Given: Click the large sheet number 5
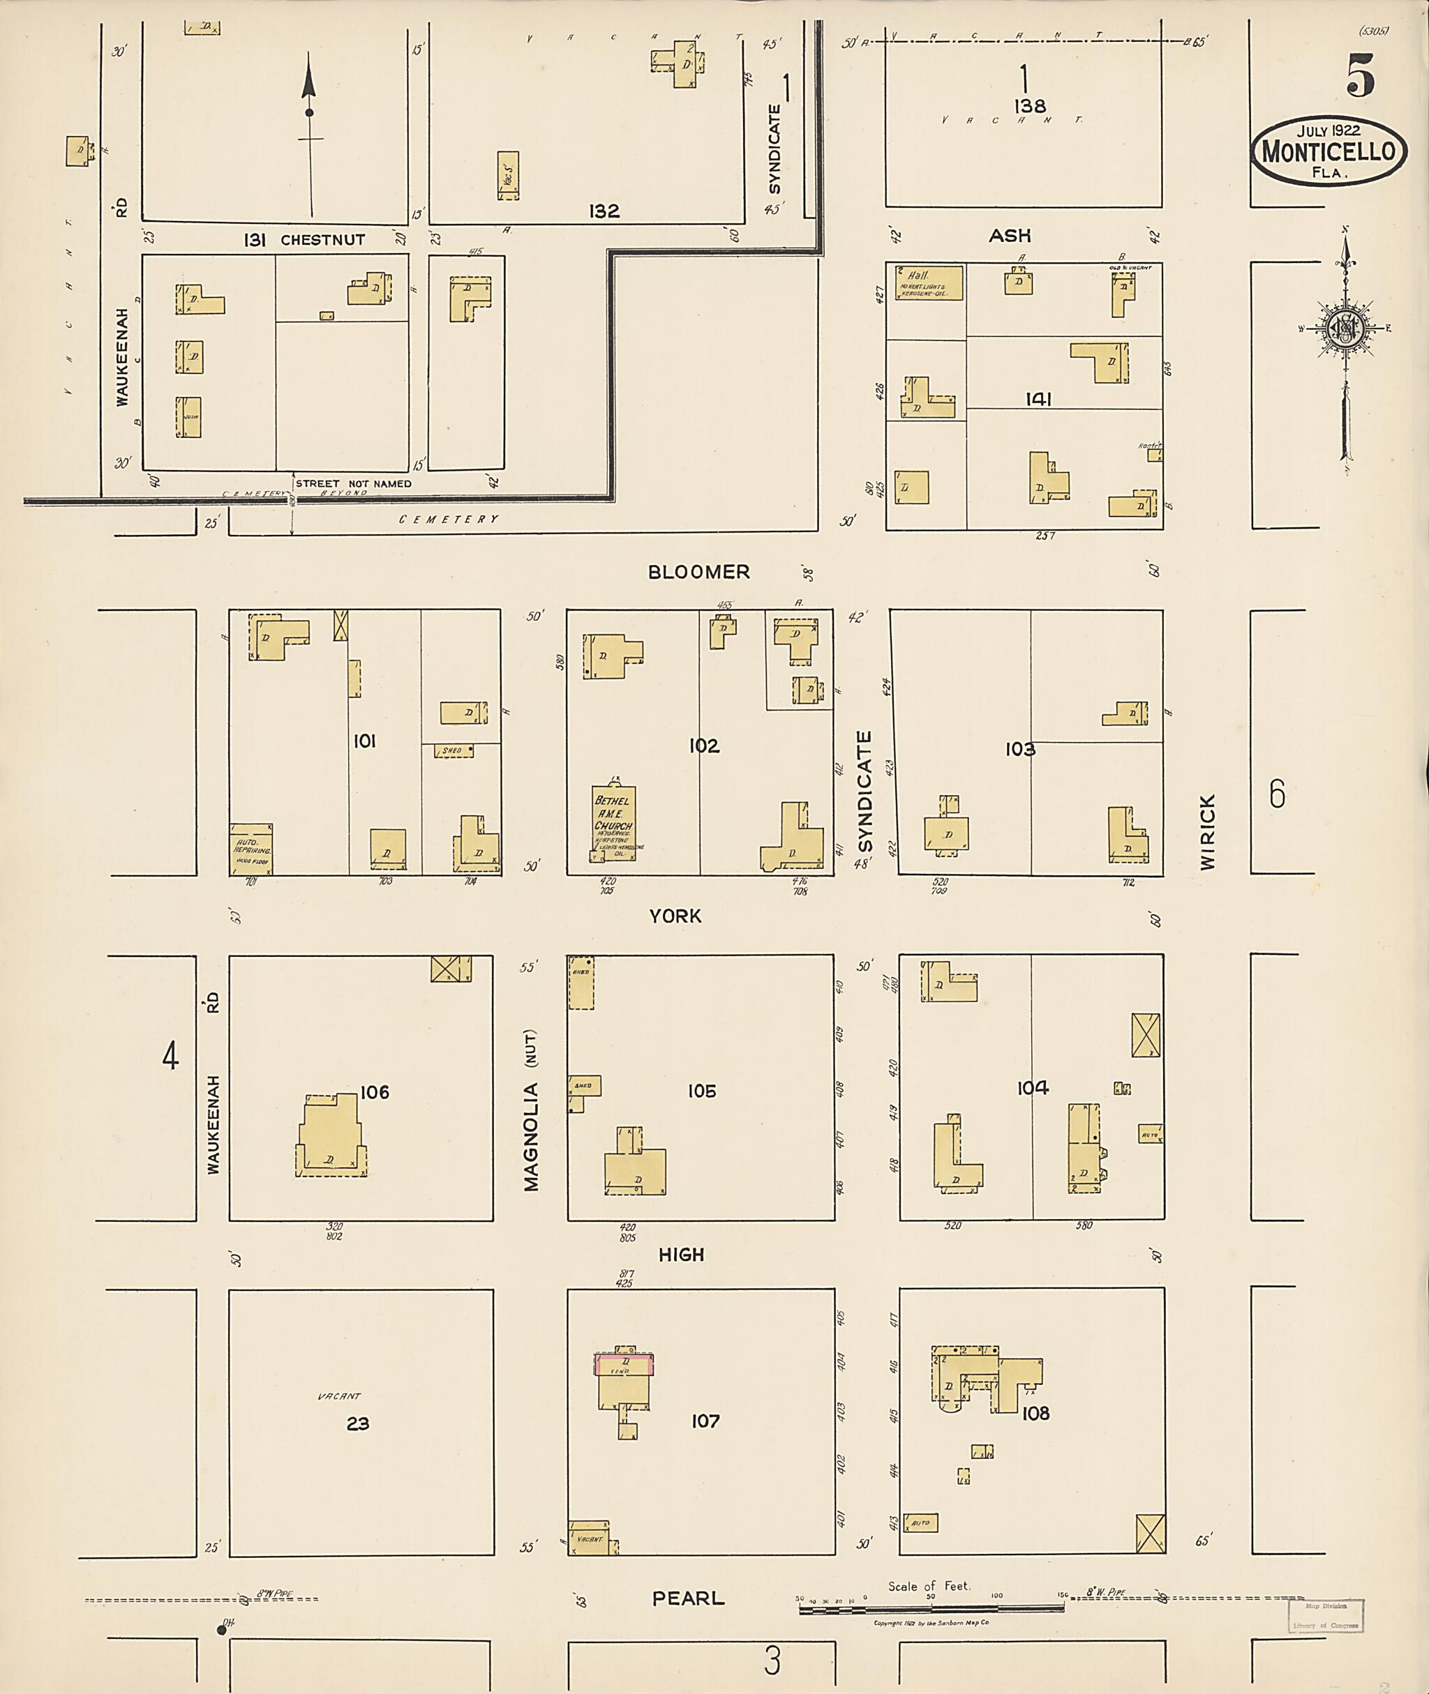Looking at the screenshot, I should [x=1360, y=77].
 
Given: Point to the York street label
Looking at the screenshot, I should [x=675, y=916].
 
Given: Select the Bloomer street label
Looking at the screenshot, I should [x=698, y=572].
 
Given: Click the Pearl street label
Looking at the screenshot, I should [x=688, y=1598].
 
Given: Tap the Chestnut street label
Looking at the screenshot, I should [x=322, y=240].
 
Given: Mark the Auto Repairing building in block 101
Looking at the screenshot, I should [x=250, y=849].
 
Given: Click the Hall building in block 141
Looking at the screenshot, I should [x=929, y=282].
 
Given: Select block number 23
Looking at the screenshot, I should [x=357, y=1423].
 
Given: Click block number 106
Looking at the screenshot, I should [x=374, y=1092].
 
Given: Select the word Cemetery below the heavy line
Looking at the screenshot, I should [x=448, y=519].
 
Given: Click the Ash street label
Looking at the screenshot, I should [x=1010, y=235].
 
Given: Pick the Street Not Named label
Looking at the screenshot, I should [x=353, y=483].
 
